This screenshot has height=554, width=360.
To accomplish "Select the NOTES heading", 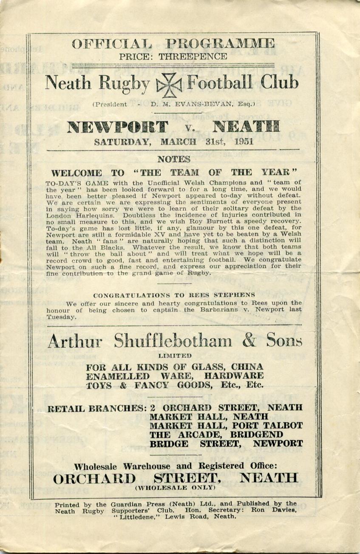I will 173,159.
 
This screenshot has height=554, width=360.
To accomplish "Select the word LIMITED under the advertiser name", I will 175,355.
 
